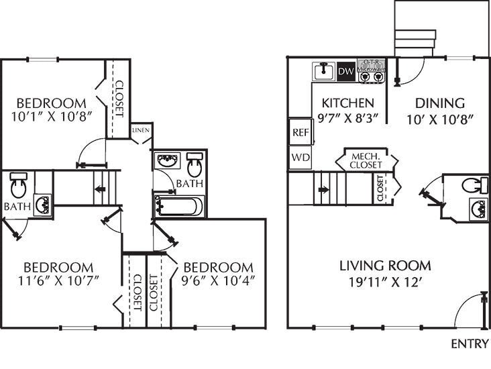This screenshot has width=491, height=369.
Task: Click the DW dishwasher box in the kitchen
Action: click(345, 70)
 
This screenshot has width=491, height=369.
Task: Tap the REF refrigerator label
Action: click(300, 133)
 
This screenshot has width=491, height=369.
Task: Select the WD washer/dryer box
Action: click(300, 158)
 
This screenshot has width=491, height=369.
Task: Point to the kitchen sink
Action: click(325, 70)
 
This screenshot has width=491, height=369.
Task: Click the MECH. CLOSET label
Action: click(366, 160)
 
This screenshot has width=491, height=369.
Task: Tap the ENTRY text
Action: click(469, 344)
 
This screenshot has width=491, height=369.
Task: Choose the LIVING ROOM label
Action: click(384, 266)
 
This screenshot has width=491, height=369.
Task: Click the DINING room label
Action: click(440, 103)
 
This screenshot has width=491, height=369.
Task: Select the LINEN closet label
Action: click(141, 130)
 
